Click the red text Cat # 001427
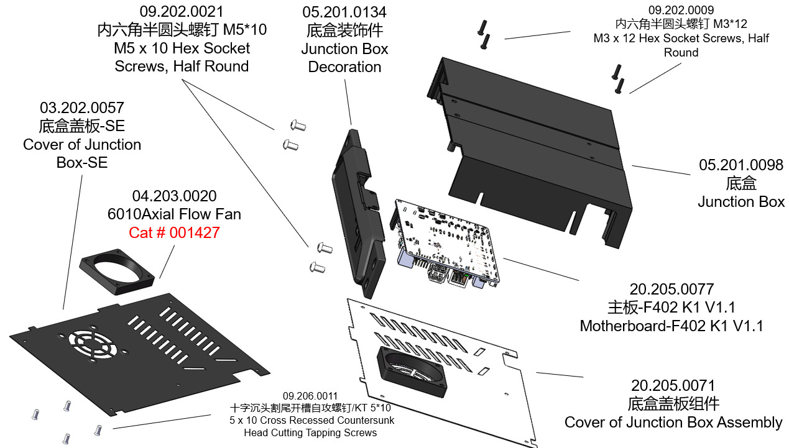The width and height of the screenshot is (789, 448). pos(174,233)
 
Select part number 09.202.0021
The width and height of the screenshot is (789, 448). pos(182,11)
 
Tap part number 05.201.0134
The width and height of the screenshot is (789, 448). pos(344,12)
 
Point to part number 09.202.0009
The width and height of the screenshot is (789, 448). pos(681,10)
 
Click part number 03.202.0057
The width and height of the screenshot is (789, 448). pos(82,108)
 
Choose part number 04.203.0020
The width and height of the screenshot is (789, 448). pos(174,196)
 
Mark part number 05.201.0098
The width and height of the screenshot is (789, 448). pos(741,165)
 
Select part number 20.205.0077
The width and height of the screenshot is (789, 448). pos(671,289)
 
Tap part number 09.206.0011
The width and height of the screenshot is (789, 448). pos(310,396)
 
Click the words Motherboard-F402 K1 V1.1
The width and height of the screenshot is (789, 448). pos(671,326)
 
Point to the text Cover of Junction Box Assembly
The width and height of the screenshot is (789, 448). pos(673,423)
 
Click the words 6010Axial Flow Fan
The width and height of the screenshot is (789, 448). pos(174,214)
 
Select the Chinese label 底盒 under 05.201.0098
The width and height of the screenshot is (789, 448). pos(741,183)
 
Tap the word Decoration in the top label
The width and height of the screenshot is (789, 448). pos(344,66)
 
